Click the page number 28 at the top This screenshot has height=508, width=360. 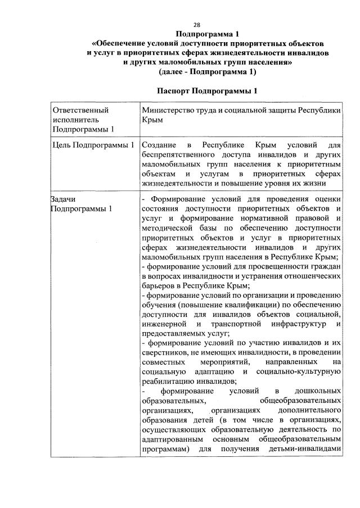pyautogui.click(x=197, y=24)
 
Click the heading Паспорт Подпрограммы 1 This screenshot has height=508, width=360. pyautogui.click(x=208, y=90)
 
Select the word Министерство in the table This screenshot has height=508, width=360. pyautogui.click(x=167, y=110)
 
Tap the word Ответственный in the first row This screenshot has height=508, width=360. pyautogui.click(x=79, y=110)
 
